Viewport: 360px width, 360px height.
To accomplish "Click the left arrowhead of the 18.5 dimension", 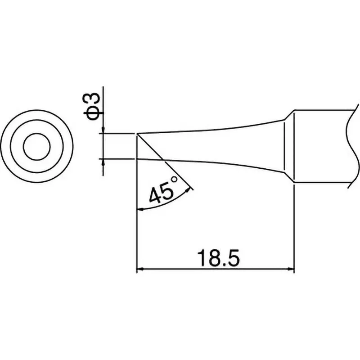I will point(139,270).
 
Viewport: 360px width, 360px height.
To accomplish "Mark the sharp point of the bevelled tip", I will point(136,134).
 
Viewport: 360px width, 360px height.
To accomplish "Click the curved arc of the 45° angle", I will point(166,202).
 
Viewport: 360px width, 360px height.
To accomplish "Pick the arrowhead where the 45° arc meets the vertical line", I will point(139,209).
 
